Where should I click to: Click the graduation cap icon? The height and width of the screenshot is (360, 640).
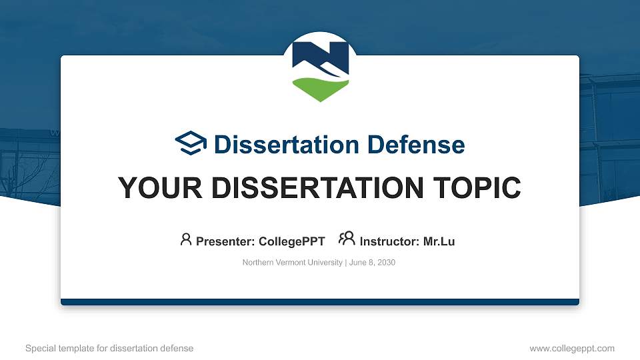point(191,143)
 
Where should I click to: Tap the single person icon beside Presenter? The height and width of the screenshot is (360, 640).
point(186,239)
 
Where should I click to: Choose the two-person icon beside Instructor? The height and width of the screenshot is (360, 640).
point(347,239)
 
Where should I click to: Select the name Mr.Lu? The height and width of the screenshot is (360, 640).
point(439,241)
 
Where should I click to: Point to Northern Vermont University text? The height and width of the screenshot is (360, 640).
point(292,263)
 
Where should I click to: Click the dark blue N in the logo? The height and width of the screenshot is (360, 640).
point(320,57)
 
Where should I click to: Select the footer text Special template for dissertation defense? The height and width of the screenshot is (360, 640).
point(109,348)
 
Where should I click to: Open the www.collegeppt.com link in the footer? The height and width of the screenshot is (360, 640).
point(572,348)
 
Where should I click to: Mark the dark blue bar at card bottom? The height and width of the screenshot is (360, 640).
point(320,302)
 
